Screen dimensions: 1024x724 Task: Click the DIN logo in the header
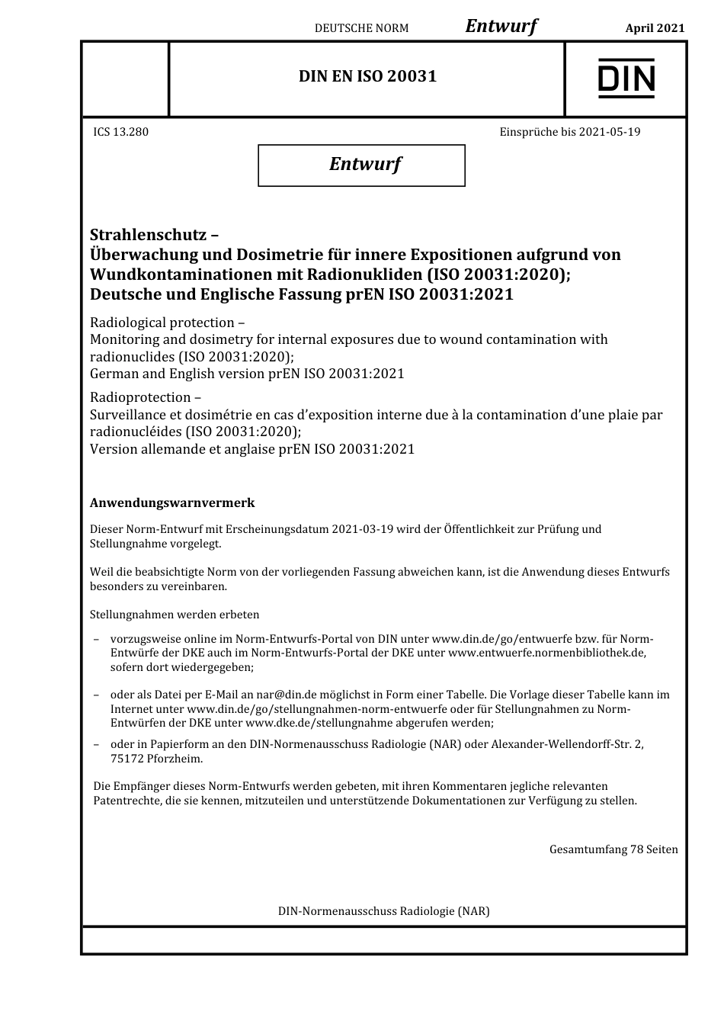pos(626,79)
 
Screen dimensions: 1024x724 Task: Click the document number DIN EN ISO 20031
pos(367,76)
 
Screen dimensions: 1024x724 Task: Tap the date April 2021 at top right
pos(655,28)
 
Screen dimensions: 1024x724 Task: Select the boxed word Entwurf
pos(364,164)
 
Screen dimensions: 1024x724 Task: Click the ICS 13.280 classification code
pos(120,132)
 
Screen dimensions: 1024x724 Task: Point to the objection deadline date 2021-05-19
pos(610,132)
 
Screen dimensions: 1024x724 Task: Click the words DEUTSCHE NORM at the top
pos(361,28)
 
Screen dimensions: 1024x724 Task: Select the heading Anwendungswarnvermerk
pos(172,503)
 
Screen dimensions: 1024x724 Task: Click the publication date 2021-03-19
pos(363,529)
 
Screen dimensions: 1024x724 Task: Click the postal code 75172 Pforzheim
pos(156,759)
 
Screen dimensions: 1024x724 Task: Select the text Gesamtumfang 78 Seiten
pos(613,849)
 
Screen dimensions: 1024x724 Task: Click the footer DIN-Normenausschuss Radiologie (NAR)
pos(383,911)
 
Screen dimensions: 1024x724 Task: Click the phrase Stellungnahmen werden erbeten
pos(175,615)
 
